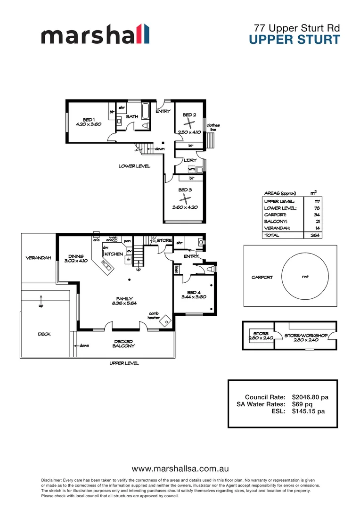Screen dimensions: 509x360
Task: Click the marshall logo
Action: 95,36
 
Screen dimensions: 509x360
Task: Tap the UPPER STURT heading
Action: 294,40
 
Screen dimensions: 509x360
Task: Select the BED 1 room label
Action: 89,119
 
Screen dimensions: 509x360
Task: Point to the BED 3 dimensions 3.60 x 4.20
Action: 185,207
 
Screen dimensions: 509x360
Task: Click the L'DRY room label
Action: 190,161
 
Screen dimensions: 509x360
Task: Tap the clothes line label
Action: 213,127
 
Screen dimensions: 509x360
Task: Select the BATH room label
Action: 132,116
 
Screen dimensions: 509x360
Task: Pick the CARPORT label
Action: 262,278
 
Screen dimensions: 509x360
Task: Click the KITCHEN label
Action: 114,254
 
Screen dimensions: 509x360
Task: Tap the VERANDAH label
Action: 38,258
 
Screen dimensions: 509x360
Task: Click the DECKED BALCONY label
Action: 123,344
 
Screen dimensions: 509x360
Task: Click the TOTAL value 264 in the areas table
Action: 317,235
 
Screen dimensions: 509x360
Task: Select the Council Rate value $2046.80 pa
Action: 310,397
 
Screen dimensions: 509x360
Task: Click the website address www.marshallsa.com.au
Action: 180,469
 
